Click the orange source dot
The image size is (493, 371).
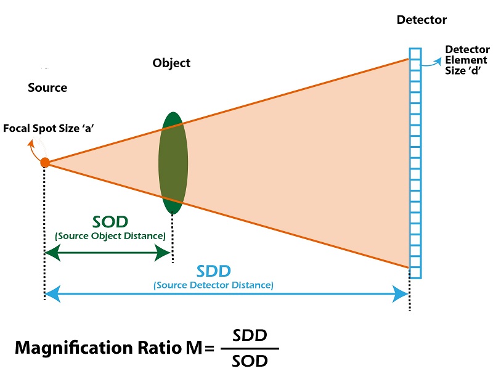tap(45, 163)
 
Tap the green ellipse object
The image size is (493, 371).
tap(173, 163)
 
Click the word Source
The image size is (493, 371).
tap(47, 88)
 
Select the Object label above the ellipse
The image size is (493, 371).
tap(171, 63)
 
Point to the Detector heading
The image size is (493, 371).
tap(422, 20)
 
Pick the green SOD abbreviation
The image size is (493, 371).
tap(110, 222)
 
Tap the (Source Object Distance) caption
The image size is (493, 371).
tap(110, 236)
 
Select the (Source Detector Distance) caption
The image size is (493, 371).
tap(213, 285)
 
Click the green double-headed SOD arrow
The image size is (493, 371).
tap(108, 253)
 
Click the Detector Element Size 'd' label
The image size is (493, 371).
tap(466, 60)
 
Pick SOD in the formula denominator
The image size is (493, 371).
tap(250, 361)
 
